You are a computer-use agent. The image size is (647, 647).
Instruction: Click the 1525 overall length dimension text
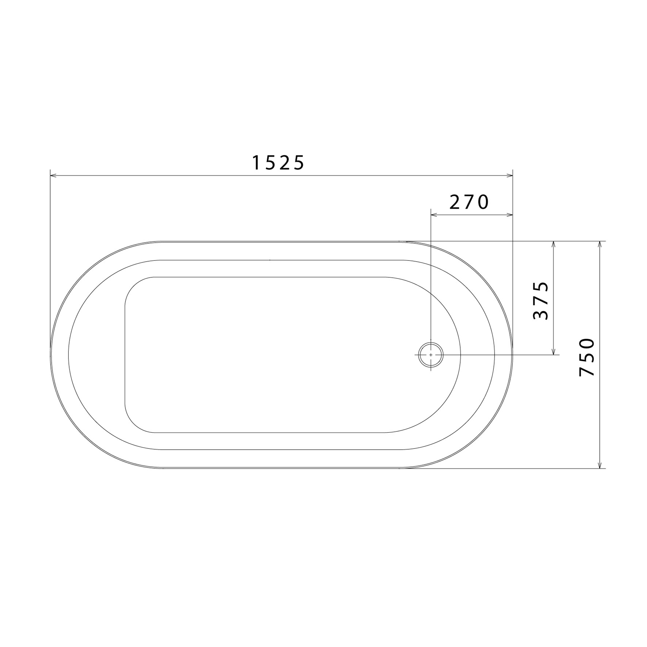(x=278, y=163)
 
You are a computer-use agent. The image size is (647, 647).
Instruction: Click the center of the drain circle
(x=431, y=354)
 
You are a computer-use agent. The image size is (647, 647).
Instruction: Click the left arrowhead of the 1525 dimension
(x=53, y=175)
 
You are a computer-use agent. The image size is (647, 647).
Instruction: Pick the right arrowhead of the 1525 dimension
(x=510, y=175)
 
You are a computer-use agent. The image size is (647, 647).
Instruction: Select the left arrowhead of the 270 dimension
(x=433, y=215)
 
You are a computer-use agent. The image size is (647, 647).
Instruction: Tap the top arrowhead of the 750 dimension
(x=600, y=243)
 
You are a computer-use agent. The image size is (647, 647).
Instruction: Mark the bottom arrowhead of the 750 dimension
(x=600, y=466)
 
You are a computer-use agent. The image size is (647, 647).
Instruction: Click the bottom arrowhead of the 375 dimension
(x=554, y=352)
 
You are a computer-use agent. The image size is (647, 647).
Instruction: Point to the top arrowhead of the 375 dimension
(x=554, y=243)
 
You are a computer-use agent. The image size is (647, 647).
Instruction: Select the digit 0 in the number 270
(x=483, y=202)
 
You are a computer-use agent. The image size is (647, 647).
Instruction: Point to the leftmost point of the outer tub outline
(x=51, y=354)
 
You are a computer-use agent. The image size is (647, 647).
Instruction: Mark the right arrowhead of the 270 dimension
(x=510, y=215)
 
